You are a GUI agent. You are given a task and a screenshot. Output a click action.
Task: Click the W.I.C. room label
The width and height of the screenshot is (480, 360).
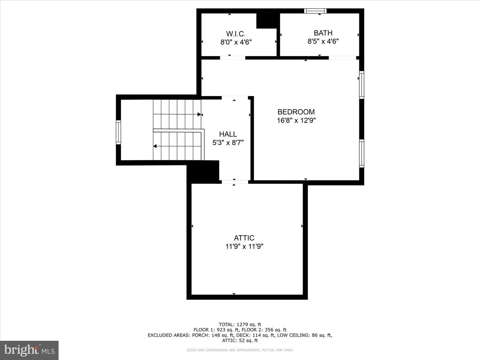pyautogui.click(x=236, y=34)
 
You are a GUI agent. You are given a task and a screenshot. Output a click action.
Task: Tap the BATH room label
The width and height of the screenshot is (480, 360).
pyautogui.click(x=323, y=33)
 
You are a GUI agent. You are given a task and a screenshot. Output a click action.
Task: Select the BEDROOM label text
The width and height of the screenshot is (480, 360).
pyautogui.click(x=296, y=112)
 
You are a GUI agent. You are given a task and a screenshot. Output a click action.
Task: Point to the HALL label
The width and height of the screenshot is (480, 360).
pyautogui.click(x=228, y=134)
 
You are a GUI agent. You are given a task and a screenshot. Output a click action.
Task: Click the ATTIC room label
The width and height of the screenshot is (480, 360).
pyautogui.click(x=244, y=238)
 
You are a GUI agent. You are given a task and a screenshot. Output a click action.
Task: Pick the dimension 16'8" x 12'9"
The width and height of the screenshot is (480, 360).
pyautogui.click(x=296, y=120)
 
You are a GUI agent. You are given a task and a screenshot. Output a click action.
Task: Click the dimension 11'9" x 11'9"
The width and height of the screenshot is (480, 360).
pyautogui.click(x=244, y=246)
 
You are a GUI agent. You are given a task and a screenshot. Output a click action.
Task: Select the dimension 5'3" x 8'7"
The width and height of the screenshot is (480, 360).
pyautogui.click(x=228, y=143)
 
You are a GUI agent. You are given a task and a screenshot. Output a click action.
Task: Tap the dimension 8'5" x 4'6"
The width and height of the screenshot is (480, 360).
pyautogui.click(x=323, y=41)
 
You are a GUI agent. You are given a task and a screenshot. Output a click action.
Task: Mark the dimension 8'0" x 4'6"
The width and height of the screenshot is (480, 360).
pyautogui.click(x=236, y=42)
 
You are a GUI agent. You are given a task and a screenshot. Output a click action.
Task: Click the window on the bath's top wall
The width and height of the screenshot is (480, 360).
pyautogui.click(x=315, y=11)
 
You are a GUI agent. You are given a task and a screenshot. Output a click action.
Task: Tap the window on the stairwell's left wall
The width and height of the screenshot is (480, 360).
pyautogui.click(x=118, y=132)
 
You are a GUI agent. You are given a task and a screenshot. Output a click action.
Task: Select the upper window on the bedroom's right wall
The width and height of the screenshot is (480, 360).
pyautogui.click(x=361, y=85)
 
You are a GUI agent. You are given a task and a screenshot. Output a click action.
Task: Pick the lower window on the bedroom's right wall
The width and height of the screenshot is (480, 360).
pyautogui.click(x=361, y=153)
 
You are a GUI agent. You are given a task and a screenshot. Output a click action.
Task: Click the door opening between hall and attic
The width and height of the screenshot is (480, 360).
pyautogui.click(x=235, y=182)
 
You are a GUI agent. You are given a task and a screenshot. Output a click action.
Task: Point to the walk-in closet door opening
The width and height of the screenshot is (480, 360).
pyautogui.click(x=232, y=58)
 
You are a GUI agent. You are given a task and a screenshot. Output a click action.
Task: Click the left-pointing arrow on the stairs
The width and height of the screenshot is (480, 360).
pyautogui.click(x=155, y=146)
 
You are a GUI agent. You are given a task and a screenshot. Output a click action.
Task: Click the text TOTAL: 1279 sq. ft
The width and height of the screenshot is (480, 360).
pyautogui.click(x=240, y=324)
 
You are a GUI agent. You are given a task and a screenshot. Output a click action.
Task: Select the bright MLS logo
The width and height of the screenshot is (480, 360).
pyautogui.click(x=29, y=350)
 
